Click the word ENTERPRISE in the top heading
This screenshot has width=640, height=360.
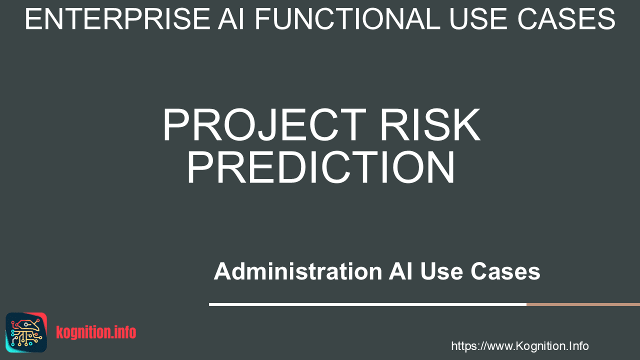pos(117,19)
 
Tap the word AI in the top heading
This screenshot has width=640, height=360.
pos(231,19)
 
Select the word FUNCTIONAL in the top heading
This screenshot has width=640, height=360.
pos(347,19)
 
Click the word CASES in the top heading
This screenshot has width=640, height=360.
pos(566,19)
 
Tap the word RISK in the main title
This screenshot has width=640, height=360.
pos(430,125)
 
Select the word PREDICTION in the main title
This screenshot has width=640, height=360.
pos(321,167)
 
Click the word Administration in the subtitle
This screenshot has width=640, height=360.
pos(298,271)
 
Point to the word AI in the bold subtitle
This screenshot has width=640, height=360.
pos(400,271)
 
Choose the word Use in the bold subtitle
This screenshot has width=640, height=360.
pos(441,271)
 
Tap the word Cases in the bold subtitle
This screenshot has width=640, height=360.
pos(505,271)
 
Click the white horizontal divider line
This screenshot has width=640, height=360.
pos(367,304)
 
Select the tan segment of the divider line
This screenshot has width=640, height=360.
pos(583,304)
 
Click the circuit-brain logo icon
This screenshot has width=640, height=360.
pos(26,332)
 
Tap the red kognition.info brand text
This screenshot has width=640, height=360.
pos(96,332)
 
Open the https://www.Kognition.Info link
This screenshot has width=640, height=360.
pos(519,346)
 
